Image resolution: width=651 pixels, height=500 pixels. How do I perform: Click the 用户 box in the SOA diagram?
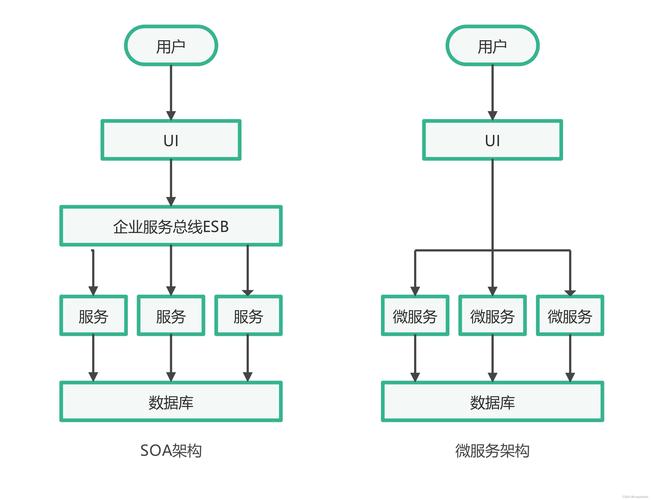[171, 46]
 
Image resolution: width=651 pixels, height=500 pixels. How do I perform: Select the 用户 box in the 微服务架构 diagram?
[492, 46]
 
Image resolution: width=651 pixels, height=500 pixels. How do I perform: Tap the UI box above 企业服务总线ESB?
[171, 140]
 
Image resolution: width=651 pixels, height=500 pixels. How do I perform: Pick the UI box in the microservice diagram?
[492, 140]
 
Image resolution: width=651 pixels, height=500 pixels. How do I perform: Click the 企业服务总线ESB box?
[171, 226]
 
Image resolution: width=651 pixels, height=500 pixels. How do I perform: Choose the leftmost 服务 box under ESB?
[93, 316]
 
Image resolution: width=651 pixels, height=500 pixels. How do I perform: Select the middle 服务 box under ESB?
[171, 316]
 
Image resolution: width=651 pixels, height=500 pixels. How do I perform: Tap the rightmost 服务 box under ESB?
[249, 316]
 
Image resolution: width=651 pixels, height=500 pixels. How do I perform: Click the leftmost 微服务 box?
[414, 316]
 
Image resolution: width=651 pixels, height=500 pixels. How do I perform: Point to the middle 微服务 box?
[492, 316]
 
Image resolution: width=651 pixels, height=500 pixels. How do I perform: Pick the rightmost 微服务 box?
[570, 316]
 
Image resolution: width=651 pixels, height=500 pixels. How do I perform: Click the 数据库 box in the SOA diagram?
[171, 402]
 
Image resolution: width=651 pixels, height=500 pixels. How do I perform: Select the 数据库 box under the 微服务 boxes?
[492, 402]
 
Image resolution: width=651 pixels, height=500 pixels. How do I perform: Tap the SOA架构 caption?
[171, 451]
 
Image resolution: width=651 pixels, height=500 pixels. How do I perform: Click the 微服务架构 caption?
[492, 451]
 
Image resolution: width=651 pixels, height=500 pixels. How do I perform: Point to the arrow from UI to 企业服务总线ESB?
[171, 182]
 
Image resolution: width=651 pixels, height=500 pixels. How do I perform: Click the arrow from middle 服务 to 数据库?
[171, 358]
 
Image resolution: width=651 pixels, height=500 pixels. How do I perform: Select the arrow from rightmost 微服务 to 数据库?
[570, 358]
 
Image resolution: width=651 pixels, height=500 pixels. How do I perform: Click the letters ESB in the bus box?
[217, 226]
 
